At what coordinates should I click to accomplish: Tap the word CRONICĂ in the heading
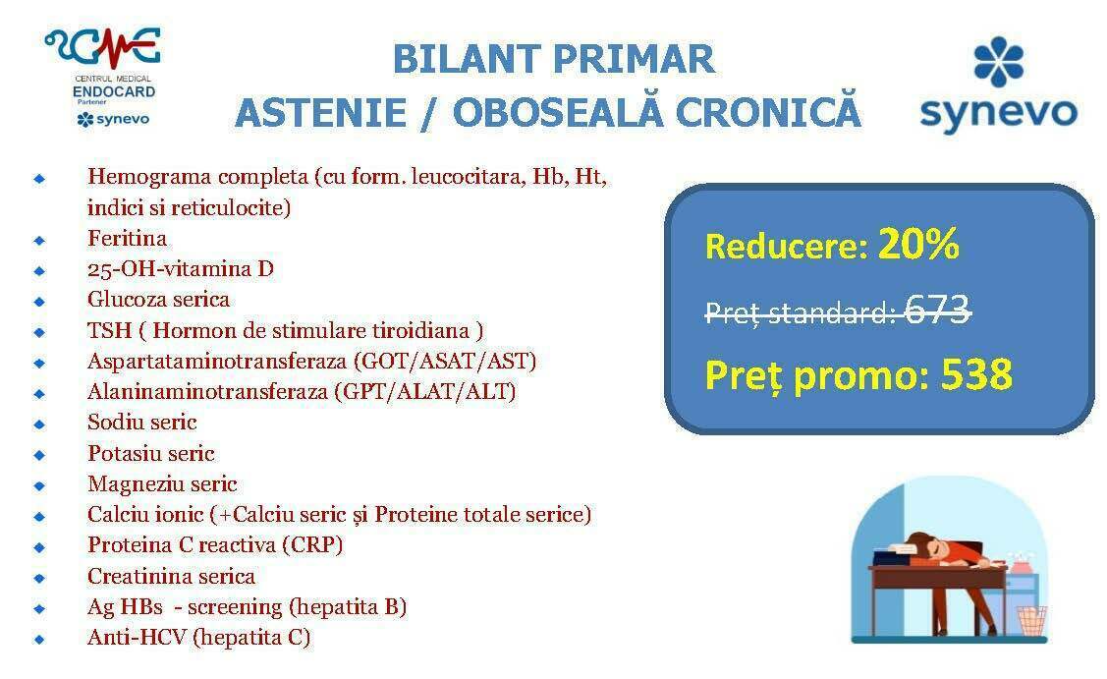pos(768,112)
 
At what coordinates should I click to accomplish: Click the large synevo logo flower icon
pos(998,62)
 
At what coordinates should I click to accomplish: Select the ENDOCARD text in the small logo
pos(114,91)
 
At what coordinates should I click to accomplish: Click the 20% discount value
pos(918,244)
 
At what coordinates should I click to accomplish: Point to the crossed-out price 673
pos(936,309)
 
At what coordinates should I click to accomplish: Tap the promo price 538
pos(976,373)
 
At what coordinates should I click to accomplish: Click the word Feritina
pos(127,238)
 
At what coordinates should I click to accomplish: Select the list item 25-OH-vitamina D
pos(181,268)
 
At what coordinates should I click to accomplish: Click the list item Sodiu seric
pos(141,422)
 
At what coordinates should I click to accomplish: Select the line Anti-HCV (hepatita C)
pos(199,638)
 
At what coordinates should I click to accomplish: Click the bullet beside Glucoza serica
pos(39,301)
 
